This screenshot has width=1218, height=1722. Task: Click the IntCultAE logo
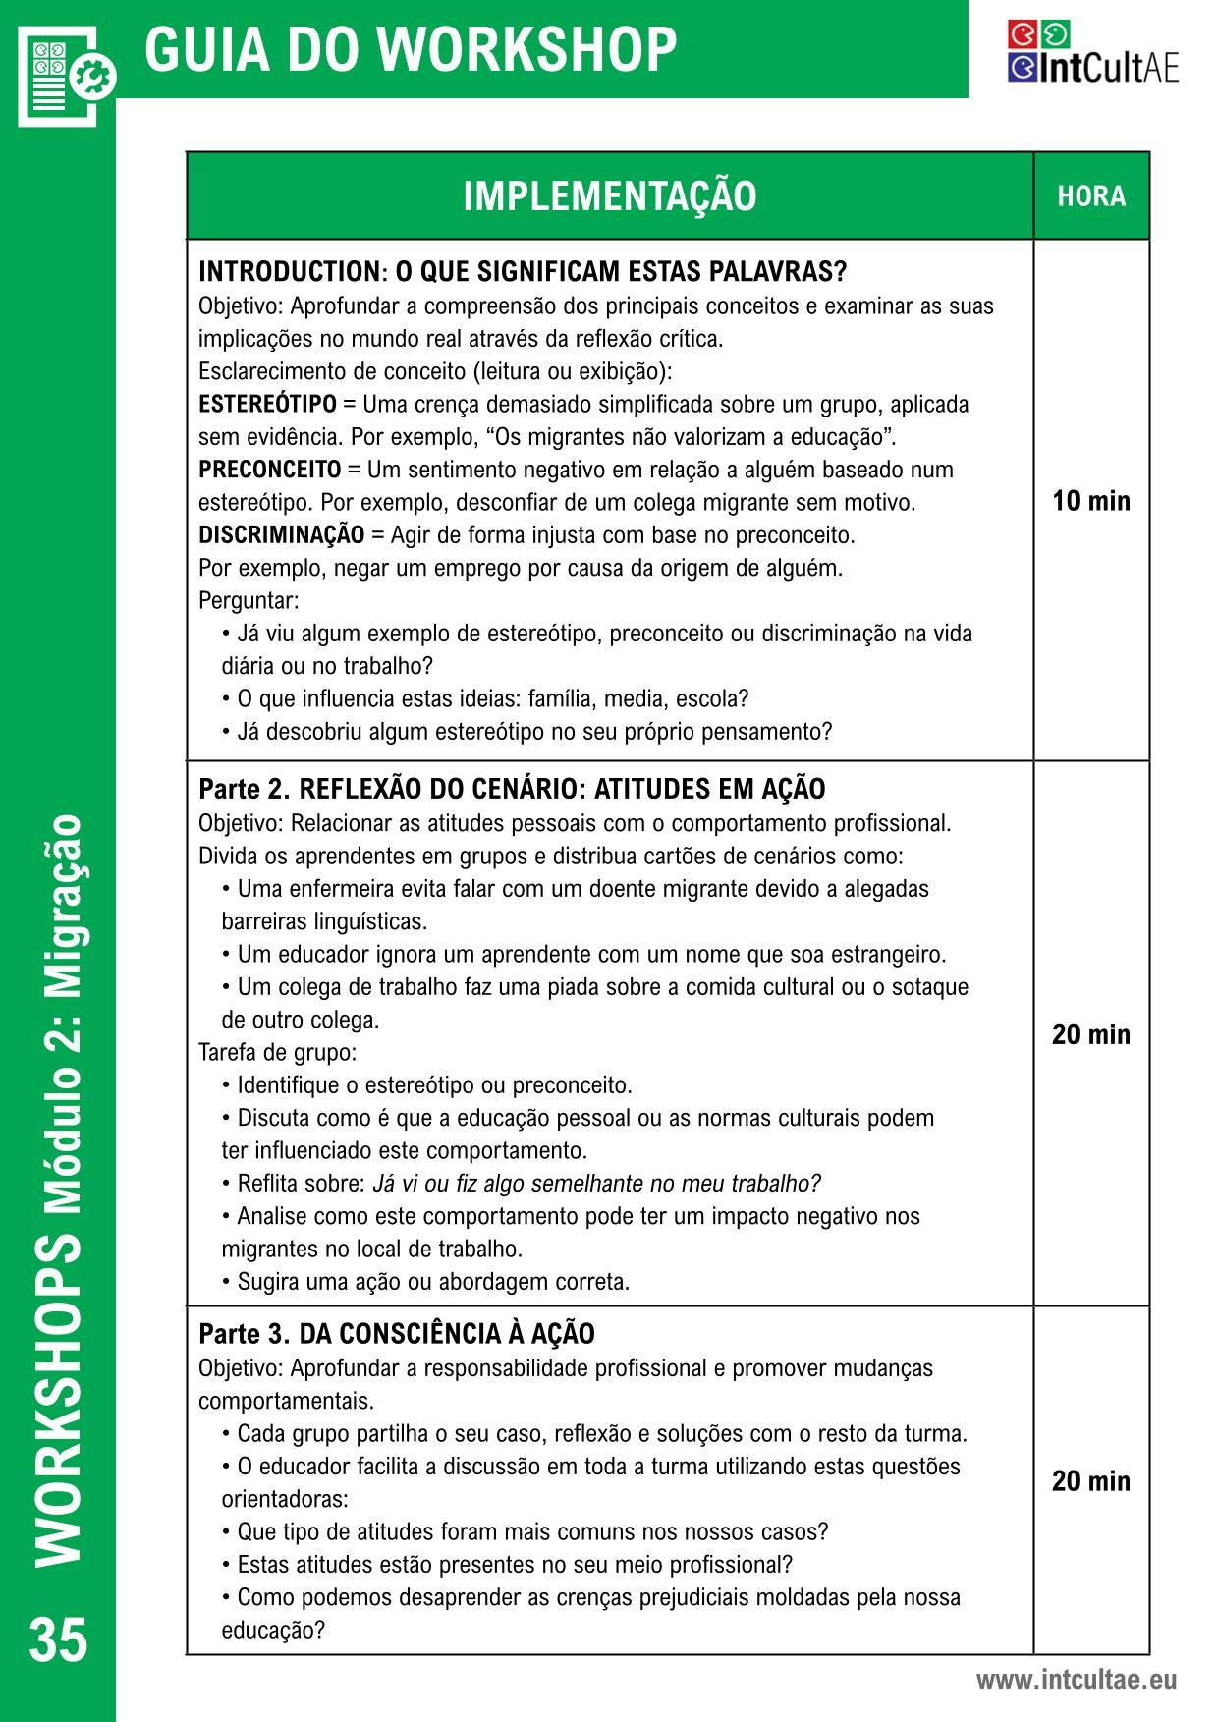1092,52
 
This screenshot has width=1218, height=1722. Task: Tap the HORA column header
1091,196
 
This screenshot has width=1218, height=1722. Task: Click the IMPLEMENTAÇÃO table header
609,196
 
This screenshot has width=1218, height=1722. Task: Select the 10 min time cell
1091,501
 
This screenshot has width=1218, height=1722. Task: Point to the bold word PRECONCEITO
269,470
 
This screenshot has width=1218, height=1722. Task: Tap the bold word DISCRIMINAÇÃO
281,535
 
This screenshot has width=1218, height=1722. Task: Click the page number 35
58,1639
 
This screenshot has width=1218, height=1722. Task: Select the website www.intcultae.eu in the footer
1076,1680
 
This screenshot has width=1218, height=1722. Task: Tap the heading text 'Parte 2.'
245,789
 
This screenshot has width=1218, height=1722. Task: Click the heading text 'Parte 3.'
245,1334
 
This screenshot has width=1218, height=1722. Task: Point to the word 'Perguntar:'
249,600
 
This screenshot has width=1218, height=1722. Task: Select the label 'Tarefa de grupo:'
278,1052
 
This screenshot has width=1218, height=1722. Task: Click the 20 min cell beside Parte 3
1091,1480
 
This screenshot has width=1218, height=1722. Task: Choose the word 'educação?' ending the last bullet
273,1630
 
